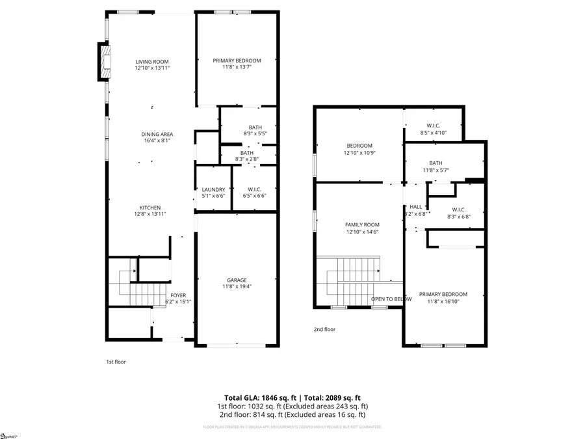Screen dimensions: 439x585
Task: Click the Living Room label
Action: (152, 62)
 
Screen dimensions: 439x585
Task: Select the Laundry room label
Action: (213, 189)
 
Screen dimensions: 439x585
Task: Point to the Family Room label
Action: (362, 225)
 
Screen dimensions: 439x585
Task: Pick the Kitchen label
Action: (149, 208)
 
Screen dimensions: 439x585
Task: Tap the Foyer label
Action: (177, 295)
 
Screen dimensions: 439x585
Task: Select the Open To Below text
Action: (391, 299)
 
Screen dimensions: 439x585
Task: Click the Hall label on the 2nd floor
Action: (416, 207)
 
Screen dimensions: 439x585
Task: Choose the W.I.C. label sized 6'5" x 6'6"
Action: (254, 189)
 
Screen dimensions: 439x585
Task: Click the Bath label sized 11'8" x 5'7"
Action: (435, 163)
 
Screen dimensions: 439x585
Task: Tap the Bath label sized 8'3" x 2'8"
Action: (246, 152)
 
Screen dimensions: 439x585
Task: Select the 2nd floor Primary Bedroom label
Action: (443, 294)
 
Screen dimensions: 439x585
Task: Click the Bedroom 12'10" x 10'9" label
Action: (359, 146)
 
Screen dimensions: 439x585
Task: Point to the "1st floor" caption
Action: (116, 362)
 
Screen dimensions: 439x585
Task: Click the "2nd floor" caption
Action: (324, 330)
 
